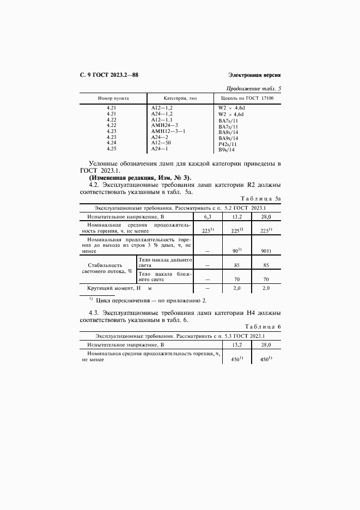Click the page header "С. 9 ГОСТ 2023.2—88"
coord(109,75)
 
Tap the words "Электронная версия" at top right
coord(254,75)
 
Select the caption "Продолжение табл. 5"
coord(254,88)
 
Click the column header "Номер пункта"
coord(113,98)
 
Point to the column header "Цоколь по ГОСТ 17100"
coord(246,98)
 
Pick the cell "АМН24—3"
coord(164,125)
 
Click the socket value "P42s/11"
coord(228,144)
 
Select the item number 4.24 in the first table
coord(112,143)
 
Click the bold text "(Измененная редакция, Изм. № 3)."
coord(140,178)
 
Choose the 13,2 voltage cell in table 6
coord(237,345)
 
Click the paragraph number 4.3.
coord(94,313)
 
